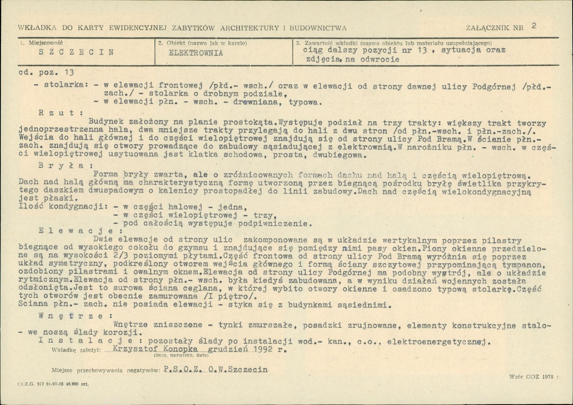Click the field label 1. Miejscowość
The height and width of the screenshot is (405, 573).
[42, 43]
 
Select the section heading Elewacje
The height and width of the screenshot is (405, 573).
[66, 230]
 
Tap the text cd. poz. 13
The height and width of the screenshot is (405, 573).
[46, 73]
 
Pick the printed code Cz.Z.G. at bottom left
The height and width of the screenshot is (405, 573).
[25, 383]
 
